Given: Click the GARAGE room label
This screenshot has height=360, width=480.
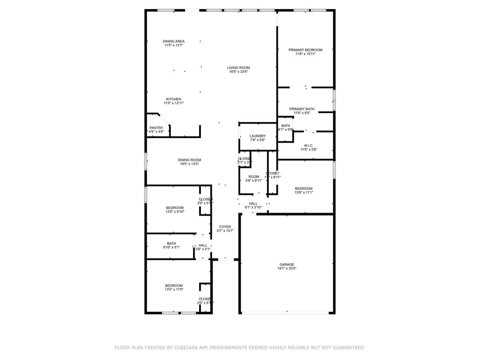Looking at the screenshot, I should (x=287, y=264).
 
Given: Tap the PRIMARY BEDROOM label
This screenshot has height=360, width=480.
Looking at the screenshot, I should (x=306, y=50).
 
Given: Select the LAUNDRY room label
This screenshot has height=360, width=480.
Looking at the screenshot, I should (x=258, y=136).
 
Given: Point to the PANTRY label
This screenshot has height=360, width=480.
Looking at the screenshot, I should (x=156, y=128).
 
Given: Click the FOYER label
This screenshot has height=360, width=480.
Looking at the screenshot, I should (x=225, y=227).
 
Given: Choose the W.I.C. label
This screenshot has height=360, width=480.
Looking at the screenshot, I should (x=308, y=146).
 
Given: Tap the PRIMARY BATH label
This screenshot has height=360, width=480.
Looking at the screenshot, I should (x=302, y=109).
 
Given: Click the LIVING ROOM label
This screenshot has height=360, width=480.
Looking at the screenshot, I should (x=238, y=68).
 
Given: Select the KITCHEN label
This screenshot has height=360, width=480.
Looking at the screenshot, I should (x=174, y=99).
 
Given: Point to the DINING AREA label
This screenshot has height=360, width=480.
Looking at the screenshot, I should (x=174, y=41).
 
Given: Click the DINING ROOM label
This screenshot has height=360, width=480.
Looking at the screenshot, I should (x=190, y=160).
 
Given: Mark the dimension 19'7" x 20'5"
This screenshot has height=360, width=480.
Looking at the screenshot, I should (x=287, y=269).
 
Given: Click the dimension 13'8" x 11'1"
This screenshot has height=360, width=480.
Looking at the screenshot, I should (x=304, y=192).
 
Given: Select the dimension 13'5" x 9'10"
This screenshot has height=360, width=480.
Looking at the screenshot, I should (x=175, y=212).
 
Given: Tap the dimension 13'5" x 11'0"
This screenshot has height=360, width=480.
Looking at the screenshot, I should (x=174, y=290).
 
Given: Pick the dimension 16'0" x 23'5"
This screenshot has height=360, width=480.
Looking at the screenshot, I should (x=238, y=72).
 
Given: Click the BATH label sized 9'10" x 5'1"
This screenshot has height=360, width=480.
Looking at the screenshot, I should (x=171, y=243).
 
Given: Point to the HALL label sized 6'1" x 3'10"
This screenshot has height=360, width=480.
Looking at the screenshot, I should (x=253, y=203).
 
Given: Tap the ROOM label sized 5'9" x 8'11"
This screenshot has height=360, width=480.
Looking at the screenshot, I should (x=254, y=176).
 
